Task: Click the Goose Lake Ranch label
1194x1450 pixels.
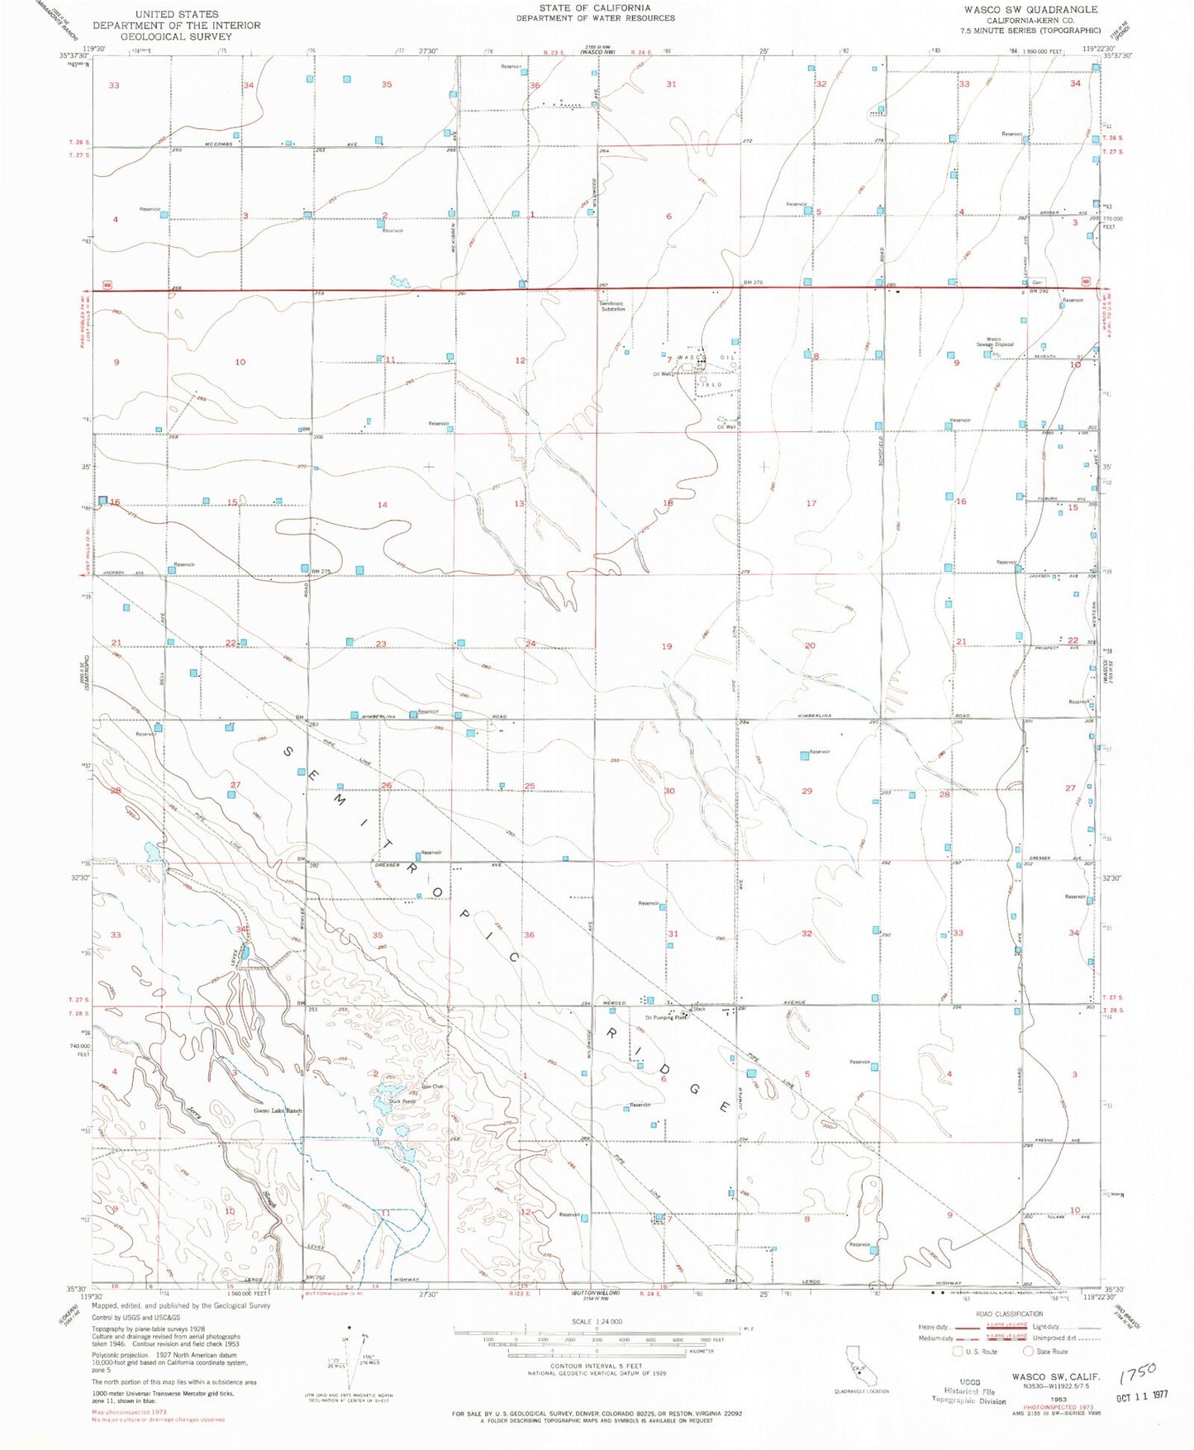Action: [277, 1111]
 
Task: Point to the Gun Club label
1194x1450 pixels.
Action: [432, 1086]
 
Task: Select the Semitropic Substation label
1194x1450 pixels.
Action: [613, 307]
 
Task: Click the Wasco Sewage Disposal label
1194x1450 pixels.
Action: [994, 342]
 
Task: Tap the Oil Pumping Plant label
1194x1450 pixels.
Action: [666, 1018]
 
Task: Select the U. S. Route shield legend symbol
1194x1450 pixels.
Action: [959, 1352]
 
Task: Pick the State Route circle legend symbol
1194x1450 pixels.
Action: [1029, 1352]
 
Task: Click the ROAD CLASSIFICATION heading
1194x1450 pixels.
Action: [1009, 1314]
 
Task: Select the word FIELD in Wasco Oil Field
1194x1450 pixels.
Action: [710, 385]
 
